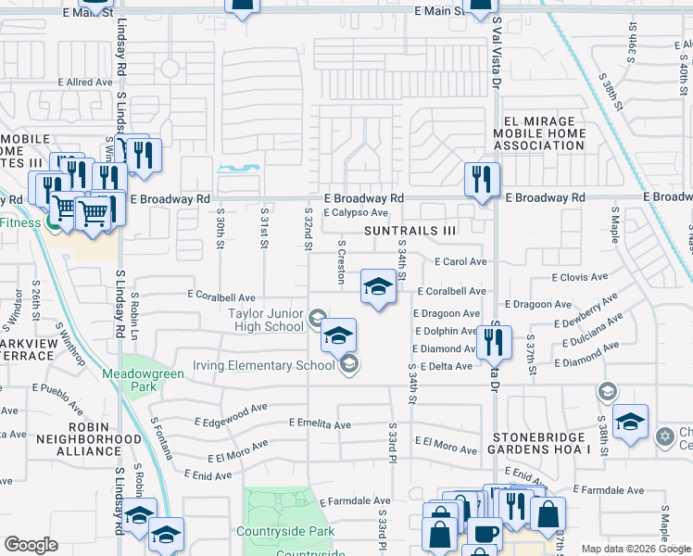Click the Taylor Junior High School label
tap(266, 319)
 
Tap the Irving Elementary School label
tap(264, 365)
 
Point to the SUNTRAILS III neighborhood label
tap(410, 230)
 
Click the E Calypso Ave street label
tap(355, 212)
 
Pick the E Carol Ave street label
tap(460, 262)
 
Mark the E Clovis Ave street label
tap(579, 276)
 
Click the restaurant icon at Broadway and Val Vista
tap(482, 178)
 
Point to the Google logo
tap(31, 545)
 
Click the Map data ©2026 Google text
tap(635, 549)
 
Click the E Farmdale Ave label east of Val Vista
tap(608, 489)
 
